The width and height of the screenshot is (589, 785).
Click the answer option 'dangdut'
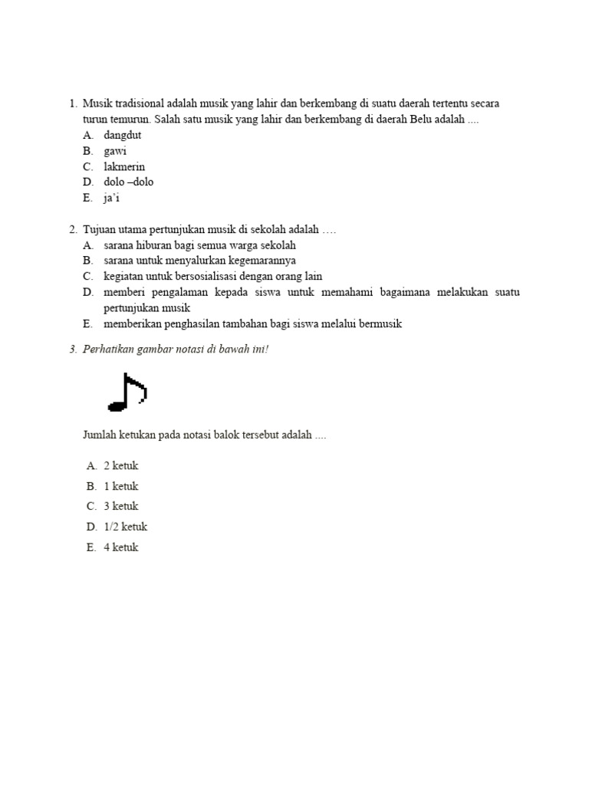pyautogui.click(x=122, y=136)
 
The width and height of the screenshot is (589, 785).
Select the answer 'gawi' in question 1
pyautogui.click(x=115, y=151)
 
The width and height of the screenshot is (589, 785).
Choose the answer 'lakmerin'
pyautogui.click(x=124, y=167)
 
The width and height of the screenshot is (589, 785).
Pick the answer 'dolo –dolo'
pyautogui.click(x=129, y=182)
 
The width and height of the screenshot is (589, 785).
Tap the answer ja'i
pyautogui.click(x=112, y=198)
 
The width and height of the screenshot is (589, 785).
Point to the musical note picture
pyautogui.click(x=127, y=391)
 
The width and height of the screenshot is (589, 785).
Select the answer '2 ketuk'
pyautogui.click(x=120, y=466)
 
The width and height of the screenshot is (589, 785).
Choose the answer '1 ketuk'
pyautogui.click(x=120, y=486)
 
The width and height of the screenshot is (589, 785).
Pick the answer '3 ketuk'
pyautogui.click(x=120, y=506)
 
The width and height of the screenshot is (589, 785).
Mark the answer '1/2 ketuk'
pyautogui.click(x=125, y=527)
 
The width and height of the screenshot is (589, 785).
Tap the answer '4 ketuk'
pyautogui.click(x=120, y=547)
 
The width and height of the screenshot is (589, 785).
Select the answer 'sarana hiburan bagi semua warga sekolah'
pyautogui.click(x=199, y=245)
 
